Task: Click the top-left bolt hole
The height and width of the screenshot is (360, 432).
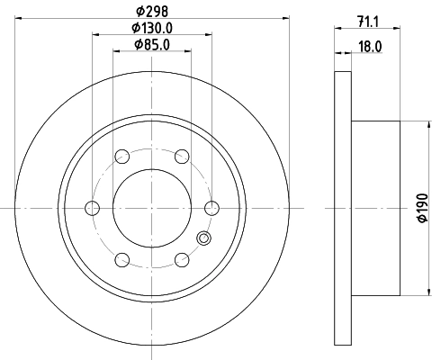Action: (x=121, y=157)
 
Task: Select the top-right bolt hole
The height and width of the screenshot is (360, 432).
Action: (x=181, y=157)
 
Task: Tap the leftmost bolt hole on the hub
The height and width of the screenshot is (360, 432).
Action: (x=92, y=208)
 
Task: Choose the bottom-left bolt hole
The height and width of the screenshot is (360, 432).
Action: (x=121, y=260)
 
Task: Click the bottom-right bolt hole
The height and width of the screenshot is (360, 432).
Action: (x=181, y=260)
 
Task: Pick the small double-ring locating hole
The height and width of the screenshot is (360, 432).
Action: (x=203, y=239)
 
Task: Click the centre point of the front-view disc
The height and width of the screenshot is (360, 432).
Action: (x=151, y=208)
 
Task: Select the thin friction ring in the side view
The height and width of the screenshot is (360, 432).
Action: (x=342, y=208)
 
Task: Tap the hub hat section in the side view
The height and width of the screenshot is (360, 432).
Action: (x=376, y=208)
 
